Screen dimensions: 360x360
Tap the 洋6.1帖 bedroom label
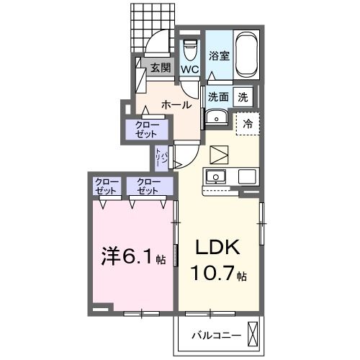[132, 256]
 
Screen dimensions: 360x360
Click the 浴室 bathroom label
[220, 55]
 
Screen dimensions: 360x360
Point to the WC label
[190, 69]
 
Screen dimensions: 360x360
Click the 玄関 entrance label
[160, 68]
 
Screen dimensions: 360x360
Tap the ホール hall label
[176, 104]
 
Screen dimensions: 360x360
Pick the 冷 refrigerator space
[247, 123]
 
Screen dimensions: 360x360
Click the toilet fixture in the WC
[190, 49]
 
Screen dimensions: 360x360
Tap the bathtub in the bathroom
[246, 55]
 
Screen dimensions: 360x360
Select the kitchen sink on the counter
[217, 176]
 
